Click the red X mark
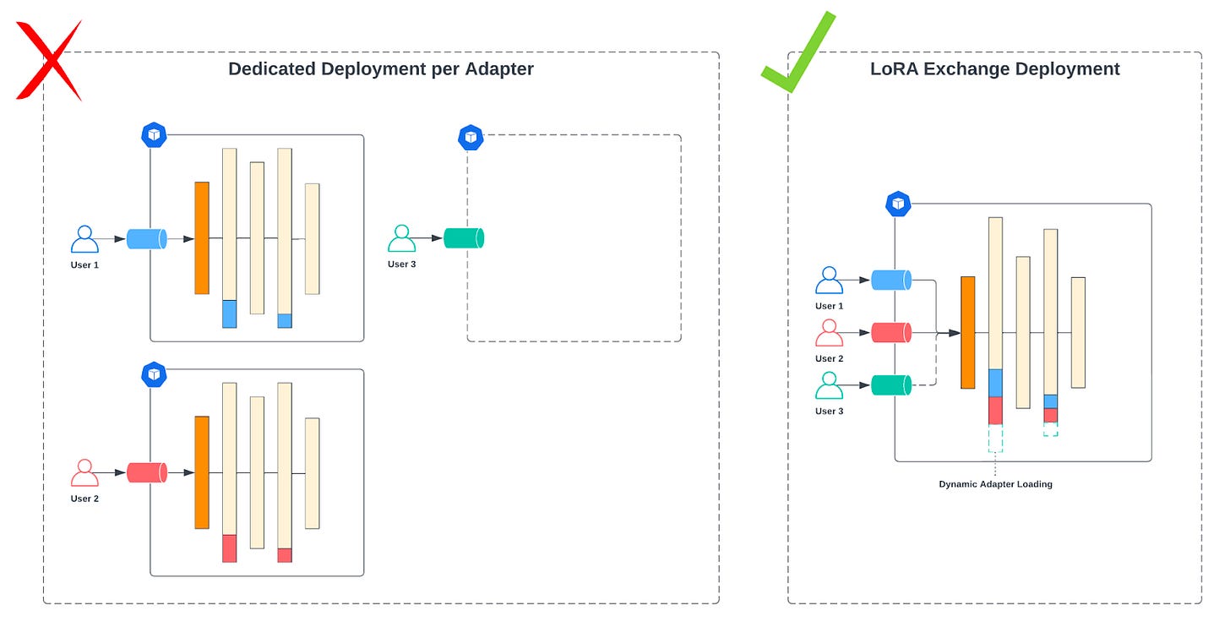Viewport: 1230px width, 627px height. click(x=49, y=61)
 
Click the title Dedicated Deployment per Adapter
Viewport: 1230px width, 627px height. click(x=381, y=69)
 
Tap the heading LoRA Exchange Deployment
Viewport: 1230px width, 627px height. click(x=994, y=69)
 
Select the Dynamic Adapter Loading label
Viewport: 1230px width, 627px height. click(x=995, y=484)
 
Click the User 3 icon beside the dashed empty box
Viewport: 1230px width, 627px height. click(x=401, y=238)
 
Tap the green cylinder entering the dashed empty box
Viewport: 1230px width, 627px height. click(x=463, y=238)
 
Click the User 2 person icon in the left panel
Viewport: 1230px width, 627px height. click(x=84, y=472)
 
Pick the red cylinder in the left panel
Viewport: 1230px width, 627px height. click(x=146, y=472)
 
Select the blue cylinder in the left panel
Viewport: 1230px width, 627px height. click(x=146, y=238)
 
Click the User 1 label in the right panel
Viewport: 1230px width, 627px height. click(x=829, y=306)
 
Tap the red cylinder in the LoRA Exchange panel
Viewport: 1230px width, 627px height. click(x=890, y=333)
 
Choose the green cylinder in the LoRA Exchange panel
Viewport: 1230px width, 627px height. click(x=890, y=385)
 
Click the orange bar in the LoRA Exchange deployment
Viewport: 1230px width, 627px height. click(x=967, y=332)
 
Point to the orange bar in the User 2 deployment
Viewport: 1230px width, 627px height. click(x=201, y=472)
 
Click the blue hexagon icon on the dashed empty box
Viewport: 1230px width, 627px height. click(x=471, y=137)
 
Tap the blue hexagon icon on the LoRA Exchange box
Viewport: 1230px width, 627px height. click(x=898, y=204)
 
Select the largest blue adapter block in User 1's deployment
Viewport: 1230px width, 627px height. click(x=229, y=313)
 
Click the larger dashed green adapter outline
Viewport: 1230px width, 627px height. click(x=995, y=439)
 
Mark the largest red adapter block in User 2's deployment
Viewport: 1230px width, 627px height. click(x=229, y=548)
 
